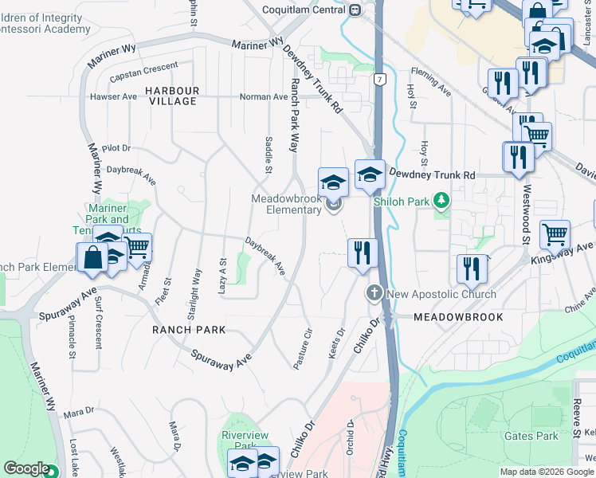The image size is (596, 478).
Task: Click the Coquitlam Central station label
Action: point(306,10)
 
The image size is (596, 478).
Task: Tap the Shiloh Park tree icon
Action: point(441,202)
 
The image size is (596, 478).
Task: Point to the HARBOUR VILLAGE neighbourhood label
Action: point(171,95)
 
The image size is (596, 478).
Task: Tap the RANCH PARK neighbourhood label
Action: point(190,329)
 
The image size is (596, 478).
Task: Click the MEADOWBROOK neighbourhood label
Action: point(458,317)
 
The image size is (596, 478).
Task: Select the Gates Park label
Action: point(531,436)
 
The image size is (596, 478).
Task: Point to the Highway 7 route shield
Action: point(380,80)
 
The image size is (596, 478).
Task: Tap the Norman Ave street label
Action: point(265,97)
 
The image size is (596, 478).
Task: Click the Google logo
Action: point(26,468)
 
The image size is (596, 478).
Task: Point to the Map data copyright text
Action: point(546,472)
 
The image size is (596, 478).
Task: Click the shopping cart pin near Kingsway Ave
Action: point(555,234)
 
